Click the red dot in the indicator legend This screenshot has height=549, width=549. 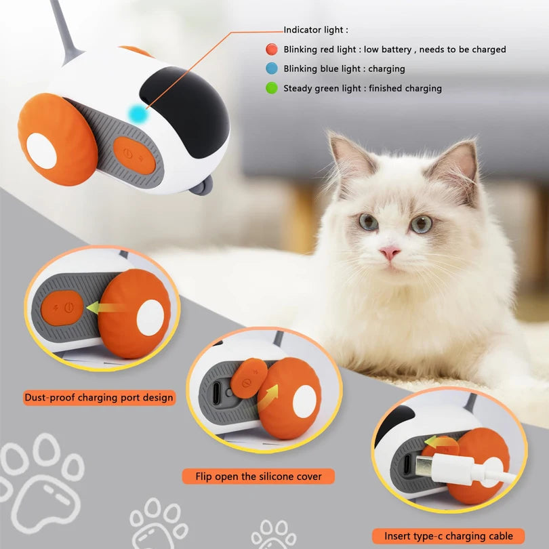coord(271,49)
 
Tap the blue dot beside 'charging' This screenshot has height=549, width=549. coord(271,68)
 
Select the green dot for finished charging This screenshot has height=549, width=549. coord(271,88)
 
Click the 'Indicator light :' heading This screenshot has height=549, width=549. coord(316,30)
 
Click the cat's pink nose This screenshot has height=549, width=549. coord(389,253)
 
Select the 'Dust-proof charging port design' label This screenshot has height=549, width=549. coord(99,397)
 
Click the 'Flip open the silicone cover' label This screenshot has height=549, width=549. coord(259,476)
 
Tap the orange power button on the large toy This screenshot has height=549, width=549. coord(134,155)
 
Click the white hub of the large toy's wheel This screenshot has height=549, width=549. coord(41,150)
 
